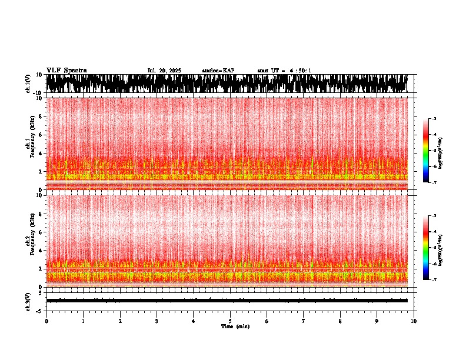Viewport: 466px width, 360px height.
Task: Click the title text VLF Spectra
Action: coord(66,70)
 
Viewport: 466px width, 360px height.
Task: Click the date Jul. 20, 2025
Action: coord(164,71)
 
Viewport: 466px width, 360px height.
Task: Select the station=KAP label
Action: coord(218,71)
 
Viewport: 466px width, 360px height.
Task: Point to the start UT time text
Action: coord(284,71)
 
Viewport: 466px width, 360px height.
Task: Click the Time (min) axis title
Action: coord(235,326)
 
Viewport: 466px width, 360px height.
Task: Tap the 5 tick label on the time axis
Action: coord(230,321)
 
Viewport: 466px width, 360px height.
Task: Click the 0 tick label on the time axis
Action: coord(46,321)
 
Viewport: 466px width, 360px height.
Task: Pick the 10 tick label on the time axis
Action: coord(414,321)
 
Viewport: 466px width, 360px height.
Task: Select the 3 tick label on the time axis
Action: coord(157,321)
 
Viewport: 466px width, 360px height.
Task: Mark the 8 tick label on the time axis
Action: coord(340,321)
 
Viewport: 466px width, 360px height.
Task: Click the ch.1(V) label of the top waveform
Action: coord(28,84)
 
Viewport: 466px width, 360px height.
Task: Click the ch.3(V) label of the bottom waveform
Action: coord(28,301)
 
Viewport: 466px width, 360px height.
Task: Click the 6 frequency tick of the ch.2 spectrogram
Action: coord(41,232)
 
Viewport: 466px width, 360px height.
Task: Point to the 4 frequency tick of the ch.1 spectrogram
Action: coord(41,154)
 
